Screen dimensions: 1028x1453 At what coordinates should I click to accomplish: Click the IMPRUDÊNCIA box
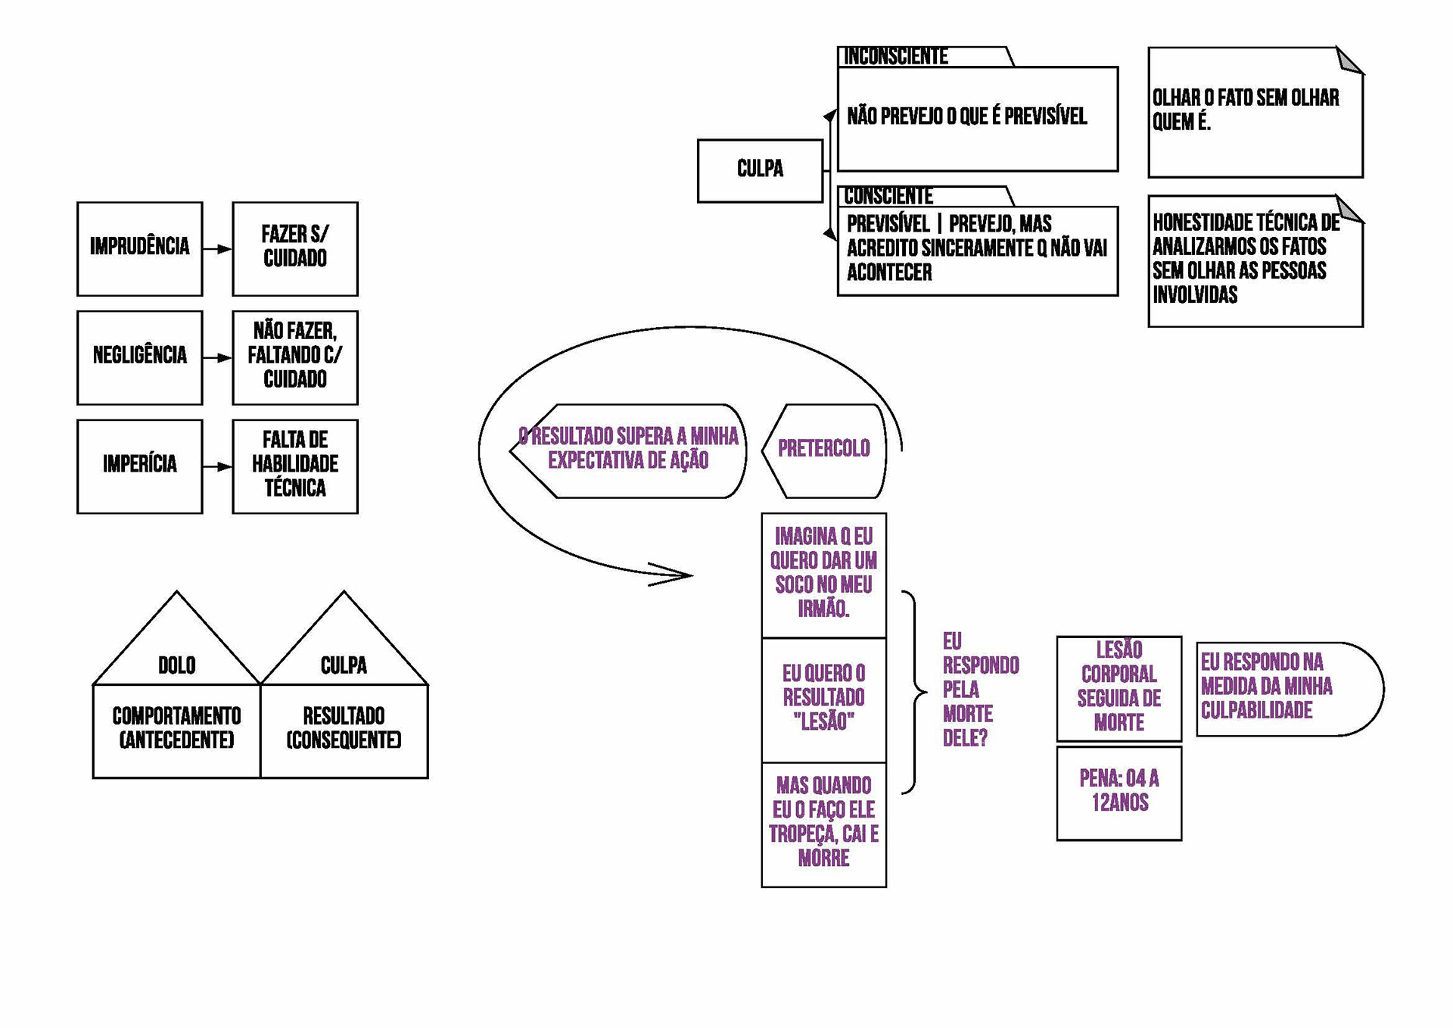click(139, 248)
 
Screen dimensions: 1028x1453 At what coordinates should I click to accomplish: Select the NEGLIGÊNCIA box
click(139, 357)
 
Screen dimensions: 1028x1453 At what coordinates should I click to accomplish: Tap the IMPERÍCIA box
click(139, 466)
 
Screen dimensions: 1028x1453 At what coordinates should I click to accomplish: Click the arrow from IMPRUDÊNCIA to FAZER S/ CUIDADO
click(218, 249)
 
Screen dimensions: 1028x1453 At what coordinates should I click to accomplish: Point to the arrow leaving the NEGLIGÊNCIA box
click(218, 358)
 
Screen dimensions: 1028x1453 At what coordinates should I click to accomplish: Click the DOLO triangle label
click(176, 665)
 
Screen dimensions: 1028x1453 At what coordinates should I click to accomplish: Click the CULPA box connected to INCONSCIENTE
click(760, 170)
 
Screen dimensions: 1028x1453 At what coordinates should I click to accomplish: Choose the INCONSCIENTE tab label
click(896, 57)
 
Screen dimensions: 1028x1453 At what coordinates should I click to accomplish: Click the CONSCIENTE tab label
click(888, 196)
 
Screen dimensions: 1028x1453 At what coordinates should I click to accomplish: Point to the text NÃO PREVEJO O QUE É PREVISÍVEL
click(966, 117)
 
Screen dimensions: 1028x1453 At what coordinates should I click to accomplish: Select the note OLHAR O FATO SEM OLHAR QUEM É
click(1255, 112)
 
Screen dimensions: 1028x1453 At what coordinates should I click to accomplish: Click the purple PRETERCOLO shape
click(824, 450)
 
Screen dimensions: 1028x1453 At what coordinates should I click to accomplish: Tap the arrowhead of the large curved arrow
click(681, 575)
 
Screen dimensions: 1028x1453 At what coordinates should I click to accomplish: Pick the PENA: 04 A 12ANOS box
click(1119, 793)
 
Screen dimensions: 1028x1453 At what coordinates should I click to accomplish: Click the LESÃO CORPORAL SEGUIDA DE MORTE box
click(1119, 687)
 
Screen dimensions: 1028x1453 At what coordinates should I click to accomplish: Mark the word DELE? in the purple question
click(965, 738)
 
